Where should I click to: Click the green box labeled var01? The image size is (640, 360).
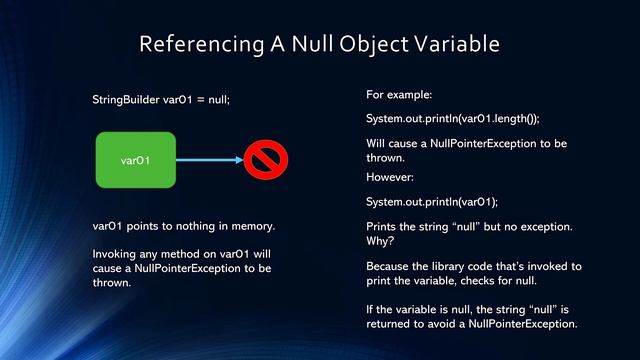pos(135,159)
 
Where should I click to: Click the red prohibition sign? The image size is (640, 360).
pos(265,159)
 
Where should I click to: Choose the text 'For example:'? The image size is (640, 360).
pos(399,95)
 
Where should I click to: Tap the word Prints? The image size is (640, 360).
pos(384,227)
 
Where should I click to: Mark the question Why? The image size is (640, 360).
pos(381,241)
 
